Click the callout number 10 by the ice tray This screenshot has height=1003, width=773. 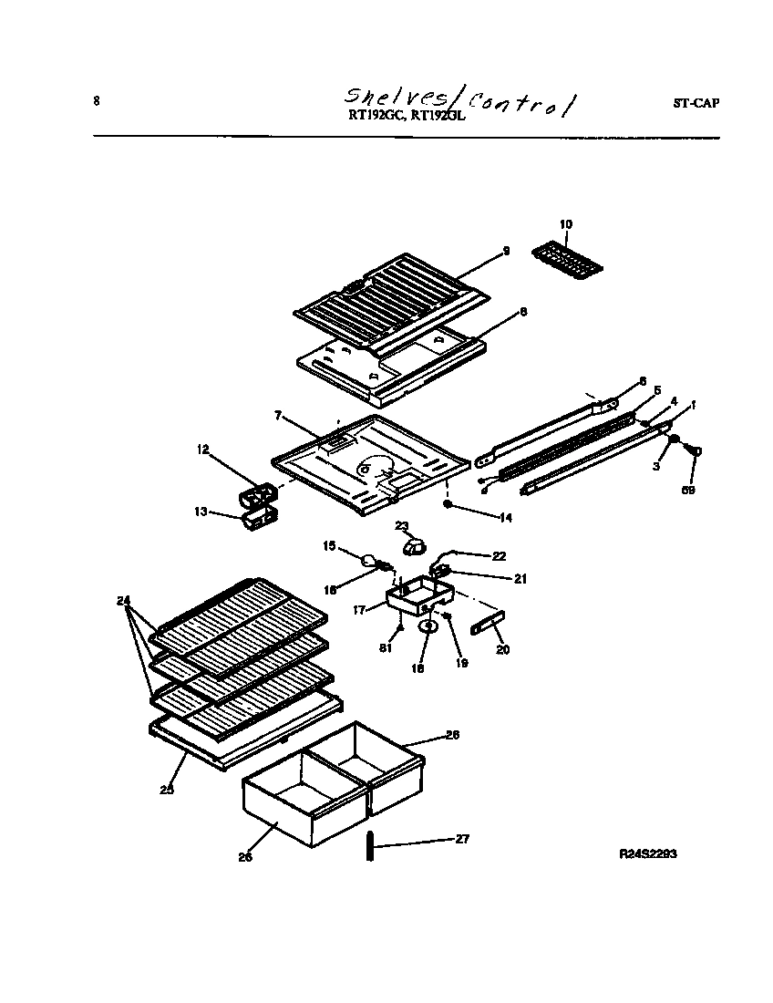tap(566, 223)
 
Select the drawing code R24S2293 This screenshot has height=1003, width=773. tap(647, 854)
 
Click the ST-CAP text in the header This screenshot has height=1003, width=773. tap(696, 103)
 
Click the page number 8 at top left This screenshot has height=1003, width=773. tap(97, 100)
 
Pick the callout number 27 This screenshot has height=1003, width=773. tap(462, 839)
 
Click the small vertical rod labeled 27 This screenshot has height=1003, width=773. tap(372, 845)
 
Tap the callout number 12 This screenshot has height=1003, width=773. tap(202, 449)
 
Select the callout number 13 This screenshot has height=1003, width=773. tap(201, 512)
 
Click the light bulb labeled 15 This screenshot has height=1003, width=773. tap(370, 562)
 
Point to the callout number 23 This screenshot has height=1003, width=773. tap(401, 526)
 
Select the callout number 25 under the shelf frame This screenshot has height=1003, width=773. tap(167, 790)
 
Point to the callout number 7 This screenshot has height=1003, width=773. tap(278, 416)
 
